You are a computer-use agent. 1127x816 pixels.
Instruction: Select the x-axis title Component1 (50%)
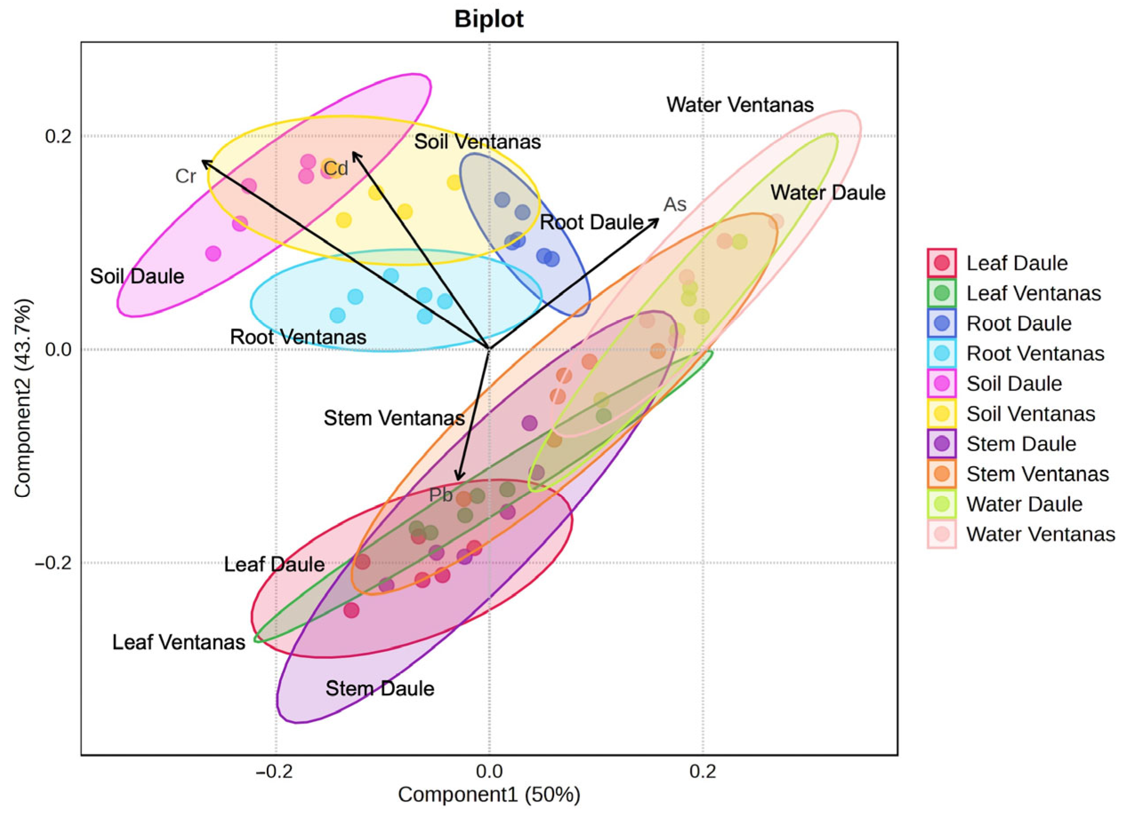click(489, 794)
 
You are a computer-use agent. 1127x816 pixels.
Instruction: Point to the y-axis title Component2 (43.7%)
click(23, 398)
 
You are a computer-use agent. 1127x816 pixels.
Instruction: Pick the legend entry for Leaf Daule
click(1017, 263)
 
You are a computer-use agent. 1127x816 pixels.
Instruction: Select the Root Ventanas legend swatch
click(941, 354)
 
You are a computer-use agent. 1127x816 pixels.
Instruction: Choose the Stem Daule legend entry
click(1021, 444)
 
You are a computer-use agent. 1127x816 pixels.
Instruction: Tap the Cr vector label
click(186, 177)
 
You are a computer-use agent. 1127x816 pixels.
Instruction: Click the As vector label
click(675, 204)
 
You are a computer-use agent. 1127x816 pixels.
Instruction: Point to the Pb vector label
click(441, 495)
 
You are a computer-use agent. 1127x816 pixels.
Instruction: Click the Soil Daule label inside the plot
click(137, 276)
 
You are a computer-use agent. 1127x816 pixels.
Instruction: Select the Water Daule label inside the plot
click(828, 193)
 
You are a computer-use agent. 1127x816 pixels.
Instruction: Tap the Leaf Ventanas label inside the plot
click(179, 642)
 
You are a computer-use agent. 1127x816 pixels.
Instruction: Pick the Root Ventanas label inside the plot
click(298, 337)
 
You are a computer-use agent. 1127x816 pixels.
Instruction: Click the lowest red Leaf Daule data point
click(351, 610)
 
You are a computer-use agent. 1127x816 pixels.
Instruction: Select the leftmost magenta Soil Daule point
click(213, 254)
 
